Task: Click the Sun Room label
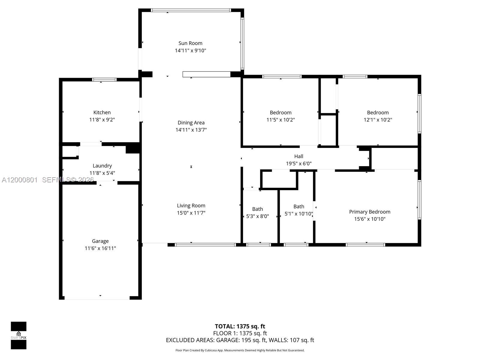[x=190, y=43]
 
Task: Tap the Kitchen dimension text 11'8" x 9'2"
[x=102, y=120]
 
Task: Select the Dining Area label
[x=191, y=123]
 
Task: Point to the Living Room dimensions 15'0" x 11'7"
[x=191, y=213]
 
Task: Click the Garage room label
[x=100, y=241]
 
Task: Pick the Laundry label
[x=102, y=166]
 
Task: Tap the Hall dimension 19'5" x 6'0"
[x=298, y=164]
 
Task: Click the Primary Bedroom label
[x=370, y=212]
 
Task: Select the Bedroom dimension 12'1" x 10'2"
[x=378, y=120]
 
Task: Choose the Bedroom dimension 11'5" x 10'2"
[x=280, y=120]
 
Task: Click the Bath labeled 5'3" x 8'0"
[x=257, y=209]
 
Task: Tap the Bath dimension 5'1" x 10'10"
[x=298, y=214]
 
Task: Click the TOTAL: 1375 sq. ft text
[x=240, y=326]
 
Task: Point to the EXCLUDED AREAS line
[x=240, y=340]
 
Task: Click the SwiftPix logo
[x=19, y=335]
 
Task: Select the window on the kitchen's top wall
[x=104, y=80]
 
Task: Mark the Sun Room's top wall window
[x=191, y=10]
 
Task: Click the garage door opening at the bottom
[x=97, y=298]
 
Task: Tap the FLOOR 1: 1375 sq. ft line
[x=240, y=333]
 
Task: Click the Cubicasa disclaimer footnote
[x=240, y=350]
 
